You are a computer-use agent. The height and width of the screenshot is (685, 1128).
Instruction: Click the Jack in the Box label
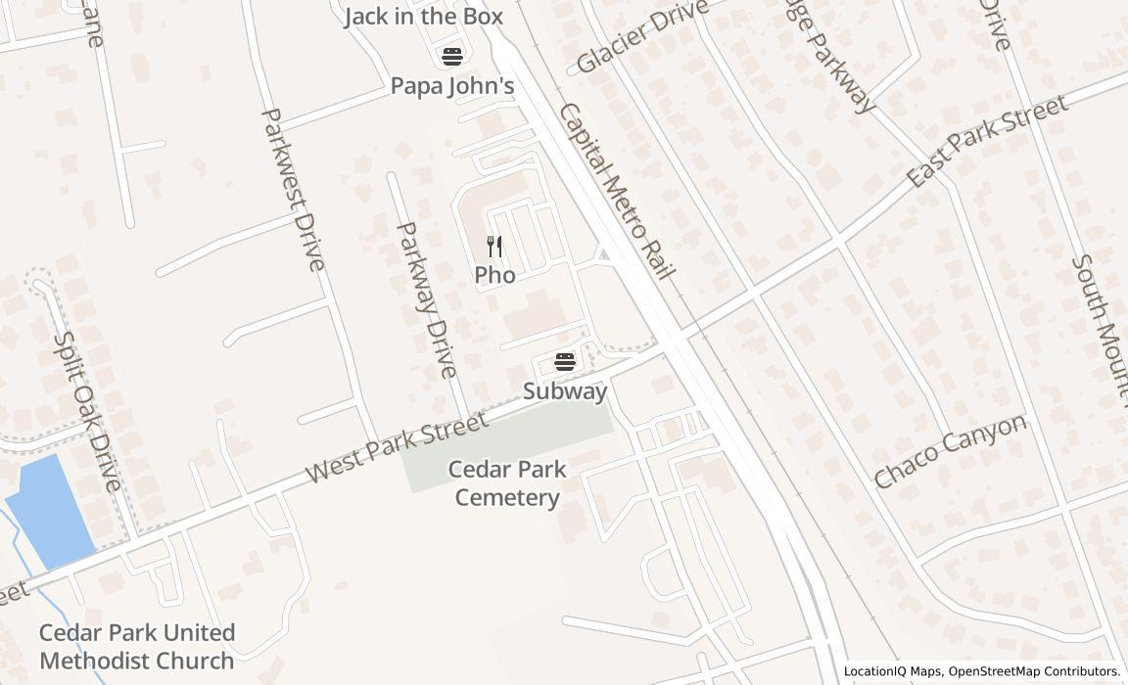pos(423,17)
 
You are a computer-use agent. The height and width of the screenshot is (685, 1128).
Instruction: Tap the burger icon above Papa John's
pos(451,56)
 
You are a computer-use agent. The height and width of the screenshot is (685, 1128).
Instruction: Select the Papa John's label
pos(452,86)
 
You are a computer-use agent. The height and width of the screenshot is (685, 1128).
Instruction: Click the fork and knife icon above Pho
pos(494,246)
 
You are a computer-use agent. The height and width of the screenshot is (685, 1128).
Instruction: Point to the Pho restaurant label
pos(494,276)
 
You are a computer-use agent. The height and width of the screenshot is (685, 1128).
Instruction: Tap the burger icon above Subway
pos(564,362)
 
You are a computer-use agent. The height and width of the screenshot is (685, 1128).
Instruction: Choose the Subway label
pos(565,391)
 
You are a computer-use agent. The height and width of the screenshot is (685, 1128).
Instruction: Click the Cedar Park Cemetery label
pos(507,483)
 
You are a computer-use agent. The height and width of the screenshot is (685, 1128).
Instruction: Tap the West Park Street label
pos(396,447)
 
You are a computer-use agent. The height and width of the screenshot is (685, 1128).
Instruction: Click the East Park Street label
pos(986,141)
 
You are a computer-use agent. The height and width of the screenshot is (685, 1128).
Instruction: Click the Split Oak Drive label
pos(86,412)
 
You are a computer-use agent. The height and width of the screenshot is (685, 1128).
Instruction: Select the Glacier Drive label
pos(641,37)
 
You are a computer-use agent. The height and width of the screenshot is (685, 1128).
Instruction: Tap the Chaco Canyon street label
pos(950,450)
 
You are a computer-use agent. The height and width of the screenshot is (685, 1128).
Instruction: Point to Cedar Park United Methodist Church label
pos(137,646)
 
